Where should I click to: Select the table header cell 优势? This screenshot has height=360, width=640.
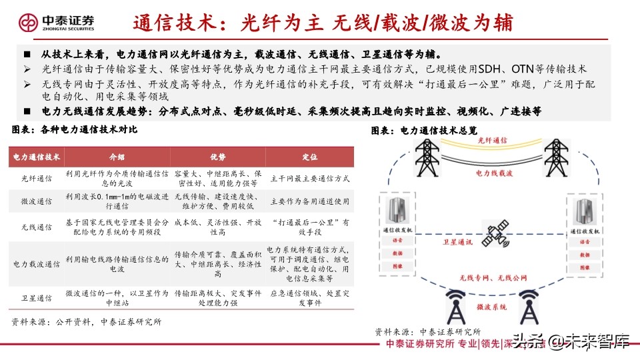click(218, 157)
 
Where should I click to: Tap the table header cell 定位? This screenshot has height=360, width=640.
click(309, 157)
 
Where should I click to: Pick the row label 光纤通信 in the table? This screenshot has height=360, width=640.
click(37, 179)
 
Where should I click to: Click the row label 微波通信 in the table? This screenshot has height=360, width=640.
click(37, 201)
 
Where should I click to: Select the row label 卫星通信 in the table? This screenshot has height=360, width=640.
click(37, 298)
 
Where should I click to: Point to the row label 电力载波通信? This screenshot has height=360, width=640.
click(37, 263)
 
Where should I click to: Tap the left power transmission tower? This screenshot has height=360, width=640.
click(425, 157)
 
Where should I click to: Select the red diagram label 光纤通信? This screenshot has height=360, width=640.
click(492, 141)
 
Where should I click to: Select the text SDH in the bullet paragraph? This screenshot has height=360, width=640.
click(521, 69)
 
